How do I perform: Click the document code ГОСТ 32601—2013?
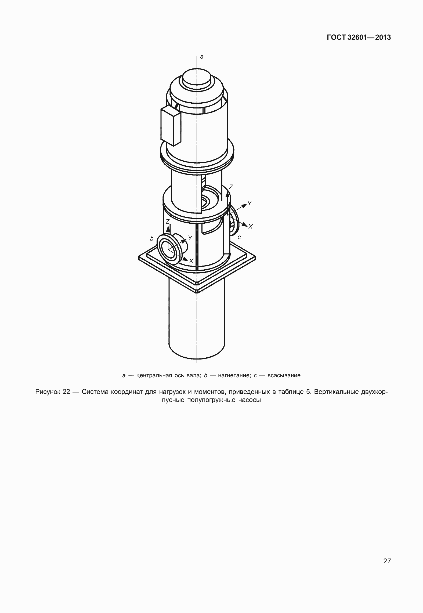coord(359,38)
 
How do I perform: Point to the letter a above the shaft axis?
coord(202,57)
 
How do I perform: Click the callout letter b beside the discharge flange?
coord(152,238)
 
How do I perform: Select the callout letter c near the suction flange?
coord(239,237)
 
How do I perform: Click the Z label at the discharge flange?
coord(168,222)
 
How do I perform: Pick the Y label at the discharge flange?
coord(190,238)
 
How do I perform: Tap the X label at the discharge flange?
coord(191,261)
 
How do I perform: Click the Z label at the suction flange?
coord(230,187)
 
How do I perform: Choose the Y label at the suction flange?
coord(250,204)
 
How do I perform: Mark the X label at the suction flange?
coord(250,227)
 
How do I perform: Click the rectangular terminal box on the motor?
coord(171,126)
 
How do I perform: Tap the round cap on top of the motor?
coord(197,78)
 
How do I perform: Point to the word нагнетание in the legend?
coord(234,375)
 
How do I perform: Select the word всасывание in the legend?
coord(284,375)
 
